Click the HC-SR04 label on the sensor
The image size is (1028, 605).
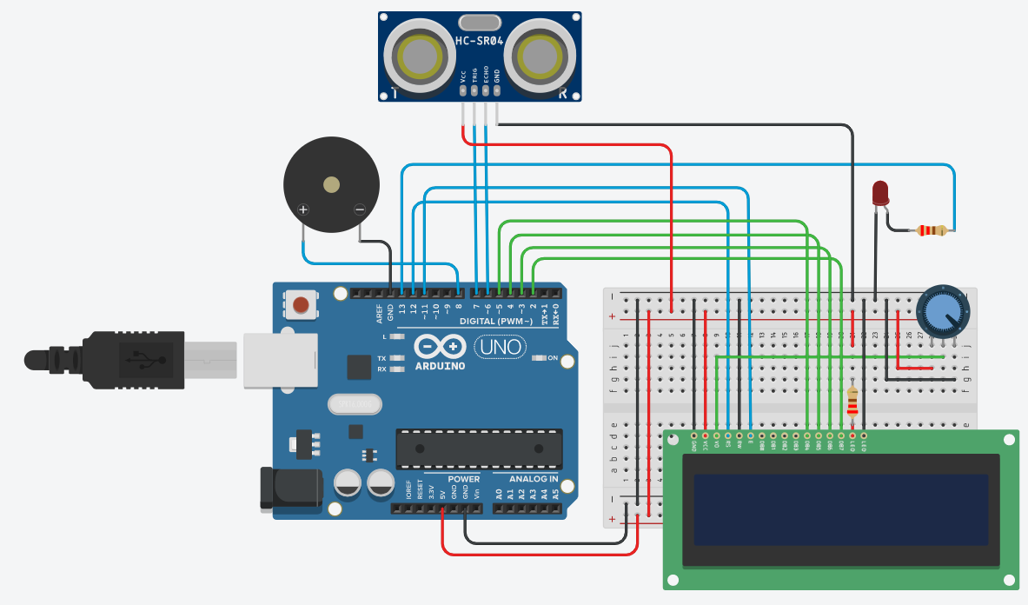pyautogui.click(x=479, y=41)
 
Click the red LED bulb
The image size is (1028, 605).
pyautogui.click(x=880, y=192)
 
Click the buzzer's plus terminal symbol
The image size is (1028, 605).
pyautogui.click(x=303, y=209)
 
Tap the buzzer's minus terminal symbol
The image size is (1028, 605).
pyautogui.click(x=360, y=209)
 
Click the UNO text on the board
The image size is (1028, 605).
pyautogui.click(x=501, y=348)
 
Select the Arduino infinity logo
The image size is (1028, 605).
pyautogui.click(x=440, y=347)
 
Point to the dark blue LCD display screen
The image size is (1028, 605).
pyautogui.click(x=840, y=509)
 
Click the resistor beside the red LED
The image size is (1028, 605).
pyautogui.click(x=932, y=230)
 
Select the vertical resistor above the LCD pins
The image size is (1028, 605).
pyautogui.click(x=852, y=402)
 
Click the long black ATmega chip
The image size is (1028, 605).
pyautogui.click(x=474, y=449)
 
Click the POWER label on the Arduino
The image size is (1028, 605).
pyautogui.click(x=464, y=479)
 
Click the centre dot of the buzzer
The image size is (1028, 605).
pyautogui.click(x=331, y=184)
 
